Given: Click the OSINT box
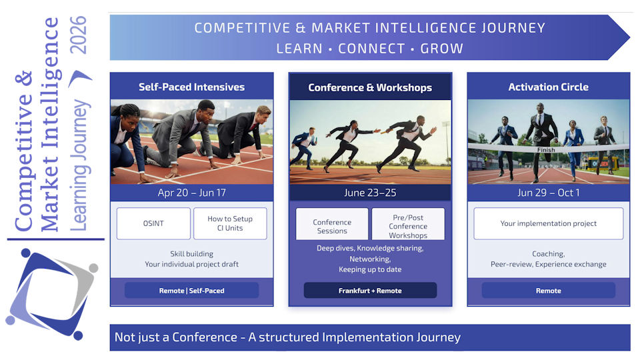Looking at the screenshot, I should [x=153, y=223].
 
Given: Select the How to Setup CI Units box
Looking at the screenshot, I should [x=230, y=223].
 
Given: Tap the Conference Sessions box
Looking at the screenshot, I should [x=332, y=226].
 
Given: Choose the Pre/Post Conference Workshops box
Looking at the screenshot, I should [x=408, y=226].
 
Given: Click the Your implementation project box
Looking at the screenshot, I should [x=548, y=223].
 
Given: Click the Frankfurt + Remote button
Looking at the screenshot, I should [x=370, y=291].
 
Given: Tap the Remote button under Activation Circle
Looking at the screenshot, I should [x=548, y=291].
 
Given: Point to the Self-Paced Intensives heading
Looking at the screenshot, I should [x=191, y=87].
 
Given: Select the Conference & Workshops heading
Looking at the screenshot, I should [x=370, y=87].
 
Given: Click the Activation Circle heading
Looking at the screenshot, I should [x=548, y=87].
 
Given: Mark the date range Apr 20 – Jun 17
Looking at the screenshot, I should [x=191, y=193].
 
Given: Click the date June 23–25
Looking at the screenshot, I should [x=370, y=193].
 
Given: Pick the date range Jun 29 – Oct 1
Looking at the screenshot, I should [x=548, y=193].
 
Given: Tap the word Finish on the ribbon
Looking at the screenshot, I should [x=546, y=150].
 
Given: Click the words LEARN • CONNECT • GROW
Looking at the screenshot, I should [x=370, y=49].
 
